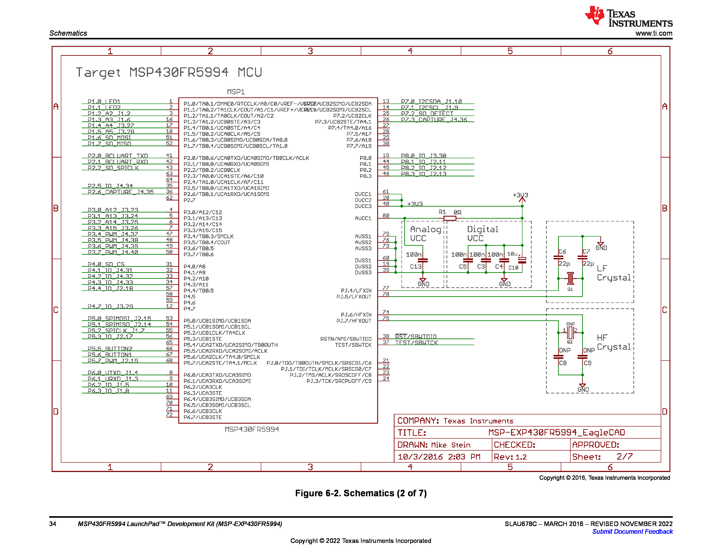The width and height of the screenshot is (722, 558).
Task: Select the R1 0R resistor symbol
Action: pyautogui.click(x=450, y=218)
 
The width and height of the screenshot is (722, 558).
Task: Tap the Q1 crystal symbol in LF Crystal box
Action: pyautogui.click(x=570, y=278)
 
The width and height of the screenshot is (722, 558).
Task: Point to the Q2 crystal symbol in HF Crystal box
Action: pyautogui.click(x=570, y=333)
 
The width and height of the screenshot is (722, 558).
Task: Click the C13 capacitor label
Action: pyautogui.click(x=415, y=267)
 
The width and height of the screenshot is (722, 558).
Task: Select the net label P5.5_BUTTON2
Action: pyautogui.click(x=110, y=348)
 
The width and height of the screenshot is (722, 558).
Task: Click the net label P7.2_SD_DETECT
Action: pyautogui.click(x=427, y=113)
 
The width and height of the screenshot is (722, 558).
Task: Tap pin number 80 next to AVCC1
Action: pyautogui.click(x=386, y=216)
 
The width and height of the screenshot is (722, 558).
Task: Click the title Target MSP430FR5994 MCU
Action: pyautogui.click(x=169, y=72)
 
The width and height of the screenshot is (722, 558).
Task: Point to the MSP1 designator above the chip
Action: pyautogui.click(x=236, y=91)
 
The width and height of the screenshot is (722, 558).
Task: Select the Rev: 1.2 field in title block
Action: pyautogui.click(x=510, y=457)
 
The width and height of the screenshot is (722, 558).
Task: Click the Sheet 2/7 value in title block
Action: pyautogui.click(x=624, y=456)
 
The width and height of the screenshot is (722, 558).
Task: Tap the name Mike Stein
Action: pyautogui.click(x=450, y=445)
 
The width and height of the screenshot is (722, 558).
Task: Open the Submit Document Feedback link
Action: pyautogui.click(x=632, y=532)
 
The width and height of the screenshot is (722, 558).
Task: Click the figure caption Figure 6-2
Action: pyautogui.click(x=361, y=493)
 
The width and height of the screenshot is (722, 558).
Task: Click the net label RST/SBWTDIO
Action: pyautogui.click(x=416, y=337)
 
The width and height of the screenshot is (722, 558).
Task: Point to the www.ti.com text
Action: pyautogui.click(x=654, y=33)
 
